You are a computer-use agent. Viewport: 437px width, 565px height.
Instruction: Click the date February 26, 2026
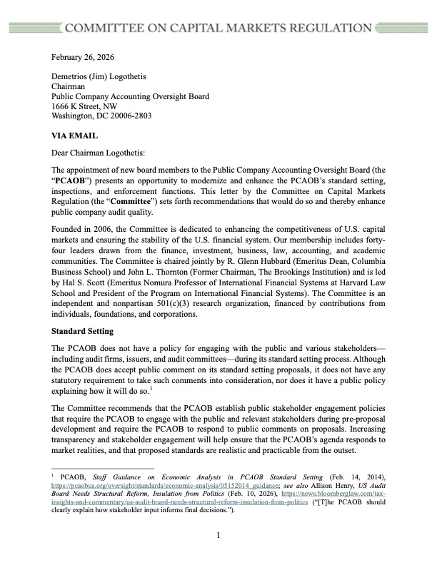click(83, 56)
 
